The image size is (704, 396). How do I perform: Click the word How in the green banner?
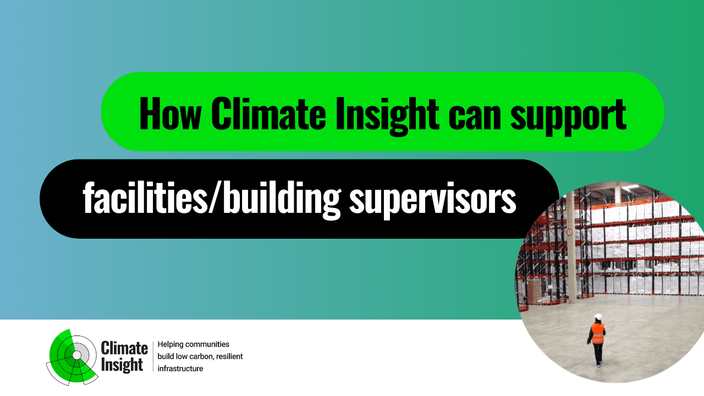(170, 113)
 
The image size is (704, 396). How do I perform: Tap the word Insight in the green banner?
(387, 116)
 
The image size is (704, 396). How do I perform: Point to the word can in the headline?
(474, 118)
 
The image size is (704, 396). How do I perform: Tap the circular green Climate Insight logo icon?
(73, 358)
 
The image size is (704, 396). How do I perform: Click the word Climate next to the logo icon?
(124, 348)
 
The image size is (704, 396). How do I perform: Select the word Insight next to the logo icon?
(122, 365)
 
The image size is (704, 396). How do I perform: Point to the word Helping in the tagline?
(170, 345)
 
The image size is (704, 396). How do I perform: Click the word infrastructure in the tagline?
(180, 369)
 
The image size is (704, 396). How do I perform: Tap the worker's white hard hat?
(598, 317)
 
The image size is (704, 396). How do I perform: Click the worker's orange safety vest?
(598, 333)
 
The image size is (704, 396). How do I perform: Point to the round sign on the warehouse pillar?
(569, 232)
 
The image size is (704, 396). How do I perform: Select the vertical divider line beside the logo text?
(153, 356)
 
